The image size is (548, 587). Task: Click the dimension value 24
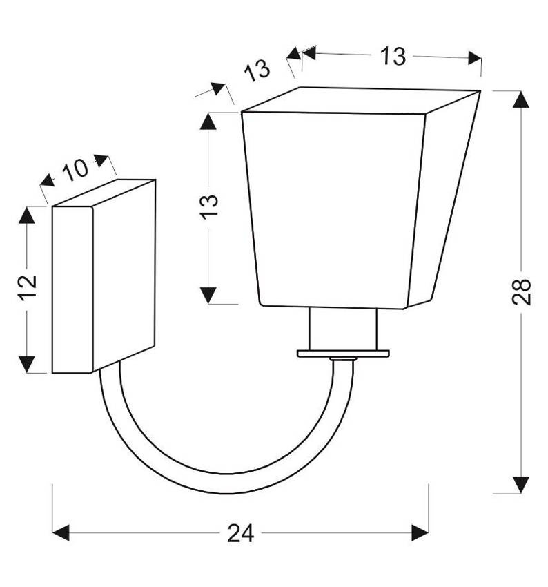point(241,533)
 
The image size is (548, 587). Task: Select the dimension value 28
point(522,292)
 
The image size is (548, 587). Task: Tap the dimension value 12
point(27,288)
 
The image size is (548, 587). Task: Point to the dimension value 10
point(75,169)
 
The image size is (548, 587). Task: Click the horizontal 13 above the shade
point(392,57)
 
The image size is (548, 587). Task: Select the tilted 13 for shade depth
point(256,70)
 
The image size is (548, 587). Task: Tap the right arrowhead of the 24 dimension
point(420,532)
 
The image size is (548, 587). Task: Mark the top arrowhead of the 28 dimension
point(522,99)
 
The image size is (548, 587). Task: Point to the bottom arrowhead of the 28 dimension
point(522,485)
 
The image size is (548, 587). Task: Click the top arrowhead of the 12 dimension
point(27,215)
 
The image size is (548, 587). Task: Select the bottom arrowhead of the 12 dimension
point(27,365)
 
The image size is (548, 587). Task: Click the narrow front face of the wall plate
point(72,290)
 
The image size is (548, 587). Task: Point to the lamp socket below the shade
point(342,329)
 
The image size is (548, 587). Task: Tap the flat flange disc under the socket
point(343,354)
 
